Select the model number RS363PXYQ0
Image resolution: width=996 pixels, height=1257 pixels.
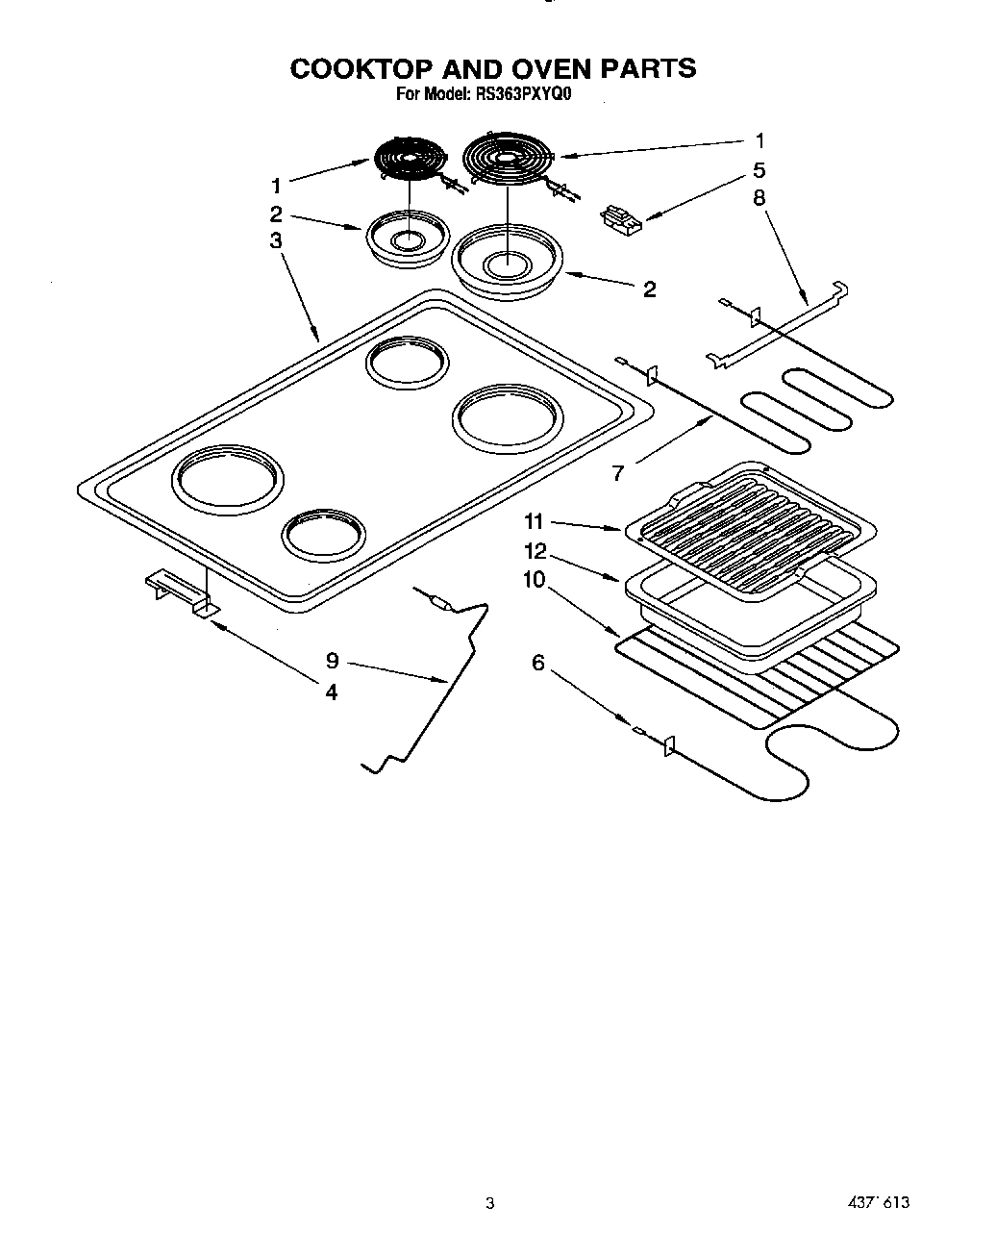pyautogui.click(x=524, y=95)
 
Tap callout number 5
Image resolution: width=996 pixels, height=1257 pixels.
pyautogui.click(x=759, y=170)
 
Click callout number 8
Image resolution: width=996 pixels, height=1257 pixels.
pyautogui.click(x=759, y=198)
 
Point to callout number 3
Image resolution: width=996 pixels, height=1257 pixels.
pyautogui.click(x=276, y=240)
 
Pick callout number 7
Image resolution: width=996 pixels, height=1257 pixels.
pyautogui.click(x=618, y=472)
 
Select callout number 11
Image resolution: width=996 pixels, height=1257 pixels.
pyautogui.click(x=534, y=521)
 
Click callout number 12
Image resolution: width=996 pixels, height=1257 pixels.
pyautogui.click(x=535, y=551)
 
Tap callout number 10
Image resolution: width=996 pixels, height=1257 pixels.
pyautogui.click(x=534, y=579)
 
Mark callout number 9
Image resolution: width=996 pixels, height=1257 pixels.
pyautogui.click(x=332, y=660)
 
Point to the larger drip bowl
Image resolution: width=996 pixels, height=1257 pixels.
pyautogui.click(x=507, y=258)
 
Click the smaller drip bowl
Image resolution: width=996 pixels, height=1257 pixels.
pyautogui.click(x=408, y=236)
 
